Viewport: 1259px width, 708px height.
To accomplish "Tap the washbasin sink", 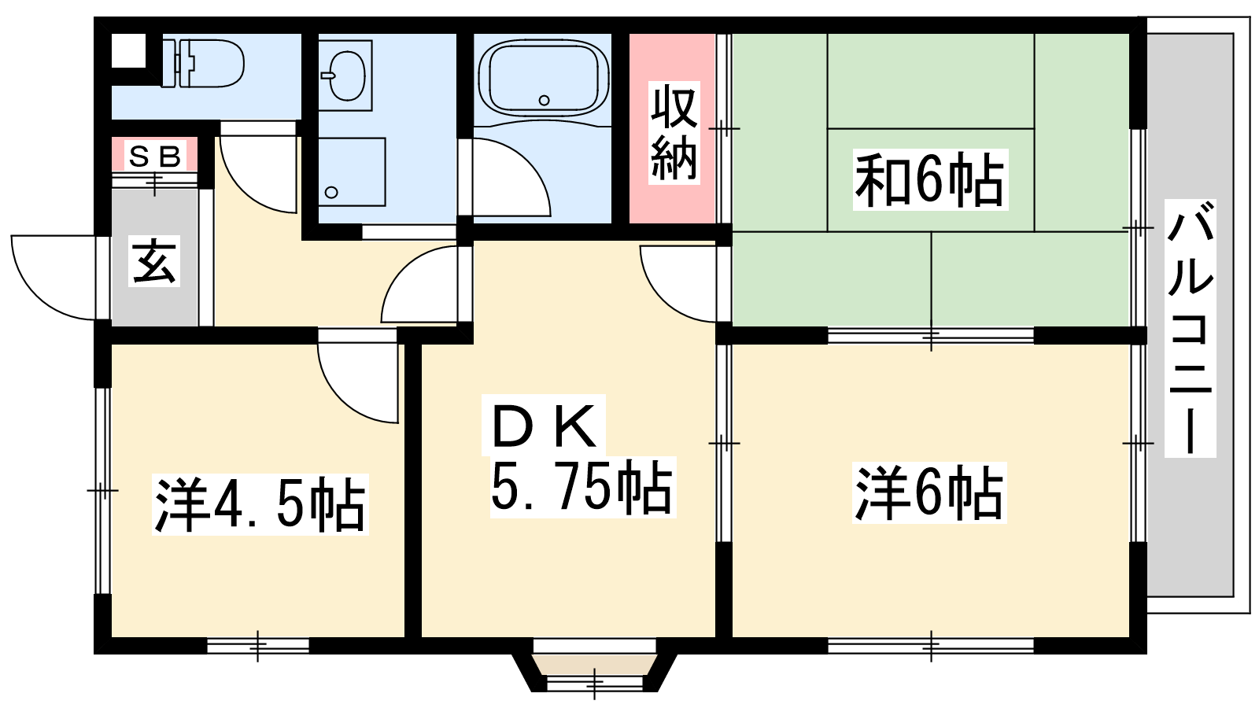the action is tap(345, 76).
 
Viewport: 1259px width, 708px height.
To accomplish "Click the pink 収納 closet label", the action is tap(674, 133).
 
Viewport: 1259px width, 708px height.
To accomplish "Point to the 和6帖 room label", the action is tap(929, 180).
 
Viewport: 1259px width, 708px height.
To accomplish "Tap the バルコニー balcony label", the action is tap(1190, 328).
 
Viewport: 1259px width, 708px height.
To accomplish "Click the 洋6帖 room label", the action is tap(929, 492).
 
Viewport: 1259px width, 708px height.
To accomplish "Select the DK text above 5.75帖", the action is tap(544, 426).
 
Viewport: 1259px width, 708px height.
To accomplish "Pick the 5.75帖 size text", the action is tap(582, 487).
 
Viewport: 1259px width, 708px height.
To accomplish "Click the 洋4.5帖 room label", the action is tap(260, 504).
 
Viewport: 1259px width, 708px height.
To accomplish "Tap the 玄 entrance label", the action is tap(154, 261).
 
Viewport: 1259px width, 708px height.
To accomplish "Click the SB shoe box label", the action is tap(154, 157).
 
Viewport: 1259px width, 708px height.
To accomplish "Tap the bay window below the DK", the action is tap(595, 673).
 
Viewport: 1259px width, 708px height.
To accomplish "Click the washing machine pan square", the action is tap(353, 172).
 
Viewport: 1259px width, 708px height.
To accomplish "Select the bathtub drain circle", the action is tap(544, 101).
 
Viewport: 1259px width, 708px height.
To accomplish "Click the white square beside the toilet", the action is tap(129, 50).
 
